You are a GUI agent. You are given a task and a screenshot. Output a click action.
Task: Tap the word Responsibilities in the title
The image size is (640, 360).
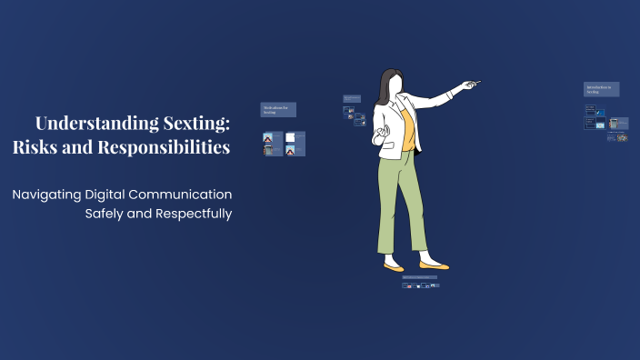(164, 146)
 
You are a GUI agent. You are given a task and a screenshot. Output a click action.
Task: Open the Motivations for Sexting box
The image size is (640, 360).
(278, 109)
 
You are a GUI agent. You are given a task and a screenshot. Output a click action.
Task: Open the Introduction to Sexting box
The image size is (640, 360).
(602, 89)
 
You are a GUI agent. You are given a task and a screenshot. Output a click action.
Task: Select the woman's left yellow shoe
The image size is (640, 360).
(394, 268)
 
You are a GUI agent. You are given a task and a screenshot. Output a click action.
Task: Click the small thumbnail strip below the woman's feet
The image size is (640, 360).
(421, 285)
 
